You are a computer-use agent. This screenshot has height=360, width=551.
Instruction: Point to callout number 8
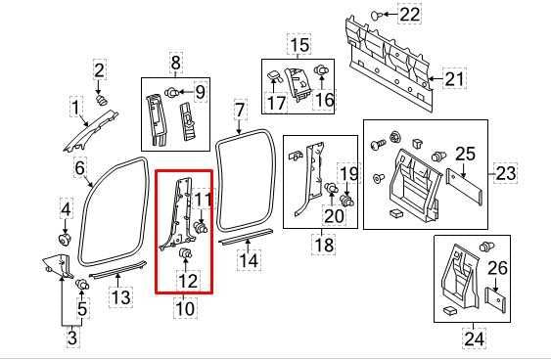pyautogui.click(x=176, y=65)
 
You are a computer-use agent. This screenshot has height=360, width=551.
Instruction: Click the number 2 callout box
pyautogui.click(x=100, y=68)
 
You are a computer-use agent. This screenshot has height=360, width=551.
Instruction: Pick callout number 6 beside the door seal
pyautogui.click(x=80, y=168)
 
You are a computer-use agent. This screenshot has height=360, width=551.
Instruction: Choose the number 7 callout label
pyautogui.click(x=240, y=110)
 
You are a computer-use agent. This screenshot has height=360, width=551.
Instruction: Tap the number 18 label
pyautogui.click(x=322, y=244)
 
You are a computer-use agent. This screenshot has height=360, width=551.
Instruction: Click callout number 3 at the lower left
pyautogui.click(x=71, y=337)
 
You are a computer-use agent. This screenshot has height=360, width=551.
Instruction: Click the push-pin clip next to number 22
pyautogui.click(x=380, y=15)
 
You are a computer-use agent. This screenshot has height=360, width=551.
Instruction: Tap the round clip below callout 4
pyautogui.click(x=66, y=239)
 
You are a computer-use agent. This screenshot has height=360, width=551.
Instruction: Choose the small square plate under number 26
pyautogui.click(x=497, y=299)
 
